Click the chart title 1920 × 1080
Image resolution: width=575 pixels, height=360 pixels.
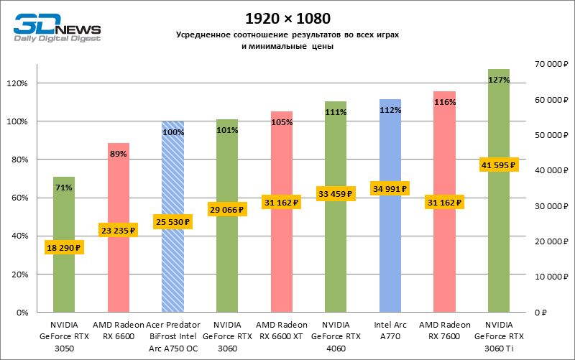[x=287, y=17]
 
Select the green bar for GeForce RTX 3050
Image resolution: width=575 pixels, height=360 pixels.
[x=64, y=280]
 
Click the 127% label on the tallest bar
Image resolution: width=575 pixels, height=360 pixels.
[x=499, y=80]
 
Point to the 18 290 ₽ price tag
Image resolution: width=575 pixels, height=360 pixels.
[x=64, y=247]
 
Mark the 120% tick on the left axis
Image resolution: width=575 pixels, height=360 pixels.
[x=17, y=83]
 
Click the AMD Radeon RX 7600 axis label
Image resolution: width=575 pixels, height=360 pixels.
[x=444, y=331]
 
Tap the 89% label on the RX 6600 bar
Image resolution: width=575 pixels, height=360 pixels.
[x=118, y=154]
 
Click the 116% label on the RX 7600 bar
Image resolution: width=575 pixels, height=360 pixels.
[x=444, y=102]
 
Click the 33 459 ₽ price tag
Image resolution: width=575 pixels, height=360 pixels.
[x=336, y=193]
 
